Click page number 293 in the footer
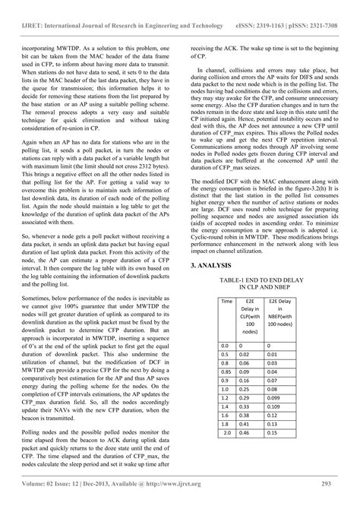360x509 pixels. coord(339,485)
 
